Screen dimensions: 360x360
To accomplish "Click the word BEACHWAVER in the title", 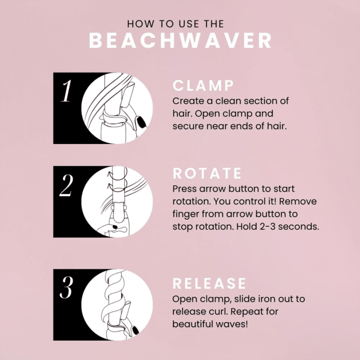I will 180,40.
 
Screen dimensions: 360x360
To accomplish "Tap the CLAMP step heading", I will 203,85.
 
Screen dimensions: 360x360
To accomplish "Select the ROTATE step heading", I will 207,173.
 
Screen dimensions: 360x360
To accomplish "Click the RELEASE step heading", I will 209,283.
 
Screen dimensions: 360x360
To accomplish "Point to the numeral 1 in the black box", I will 68,95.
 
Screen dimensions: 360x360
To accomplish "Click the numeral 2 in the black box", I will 67,188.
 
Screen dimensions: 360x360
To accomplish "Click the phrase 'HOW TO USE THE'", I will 176,24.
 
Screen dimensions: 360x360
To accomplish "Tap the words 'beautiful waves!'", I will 210,324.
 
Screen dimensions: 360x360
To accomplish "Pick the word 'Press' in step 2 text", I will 186,187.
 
